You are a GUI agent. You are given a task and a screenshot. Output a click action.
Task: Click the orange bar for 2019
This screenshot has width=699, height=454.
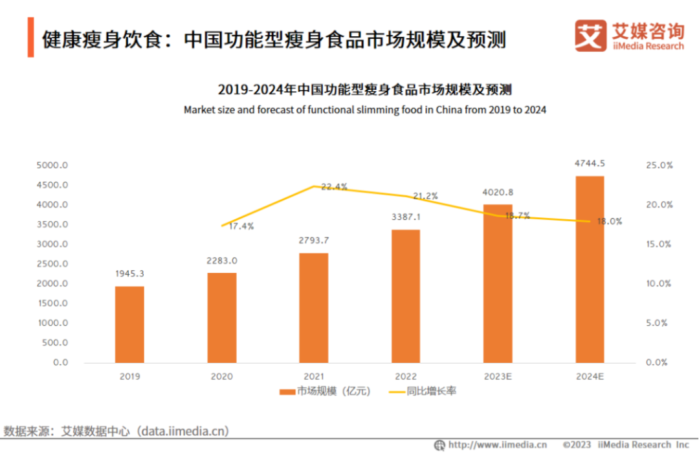pyautogui.click(x=129, y=324)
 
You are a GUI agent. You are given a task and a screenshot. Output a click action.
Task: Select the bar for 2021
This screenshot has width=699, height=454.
pyautogui.click(x=314, y=307)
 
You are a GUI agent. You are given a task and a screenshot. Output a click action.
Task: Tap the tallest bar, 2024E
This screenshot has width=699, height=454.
pyautogui.click(x=590, y=269)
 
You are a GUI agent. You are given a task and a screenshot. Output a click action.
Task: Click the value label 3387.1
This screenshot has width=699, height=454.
pyautogui.click(x=406, y=217)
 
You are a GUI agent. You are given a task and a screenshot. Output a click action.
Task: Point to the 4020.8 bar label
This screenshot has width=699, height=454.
pyautogui.click(x=498, y=191)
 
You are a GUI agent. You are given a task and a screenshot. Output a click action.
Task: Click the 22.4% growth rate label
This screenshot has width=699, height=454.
pyautogui.click(x=334, y=187)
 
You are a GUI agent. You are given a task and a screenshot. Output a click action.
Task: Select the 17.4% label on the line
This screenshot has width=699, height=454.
pyautogui.click(x=241, y=226)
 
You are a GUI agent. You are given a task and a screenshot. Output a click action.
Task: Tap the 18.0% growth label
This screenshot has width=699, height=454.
pyautogui.click(x=609, y=221)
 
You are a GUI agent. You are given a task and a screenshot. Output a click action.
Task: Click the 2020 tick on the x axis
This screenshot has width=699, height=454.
pyautogui.click(x=222, y=376)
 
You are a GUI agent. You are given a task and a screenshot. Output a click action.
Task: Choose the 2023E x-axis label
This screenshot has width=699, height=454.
pyautogui.click(x=498, y=376)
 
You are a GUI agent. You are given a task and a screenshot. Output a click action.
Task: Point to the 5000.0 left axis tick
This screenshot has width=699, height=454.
pyautogui.click(x=52, y=166)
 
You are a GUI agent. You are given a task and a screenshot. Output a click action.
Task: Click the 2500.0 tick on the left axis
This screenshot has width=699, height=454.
pyautogui.click(x=52, y=264)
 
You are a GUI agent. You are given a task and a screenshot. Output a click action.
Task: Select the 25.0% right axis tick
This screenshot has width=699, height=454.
pyautogui.click(x=660, y=166)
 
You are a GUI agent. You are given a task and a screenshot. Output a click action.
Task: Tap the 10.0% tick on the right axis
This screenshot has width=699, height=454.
pyautogui.click(x=660, y=284)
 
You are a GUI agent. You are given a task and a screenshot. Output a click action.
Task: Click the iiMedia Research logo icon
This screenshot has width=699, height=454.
pyautogui.click(x=591, y=36)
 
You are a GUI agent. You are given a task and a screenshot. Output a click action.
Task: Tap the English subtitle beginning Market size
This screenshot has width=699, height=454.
pyautogui.click(x=365, y=110)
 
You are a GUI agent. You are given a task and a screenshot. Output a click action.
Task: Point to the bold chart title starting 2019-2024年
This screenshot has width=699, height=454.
pyautogui.click(x=365, y=89)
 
